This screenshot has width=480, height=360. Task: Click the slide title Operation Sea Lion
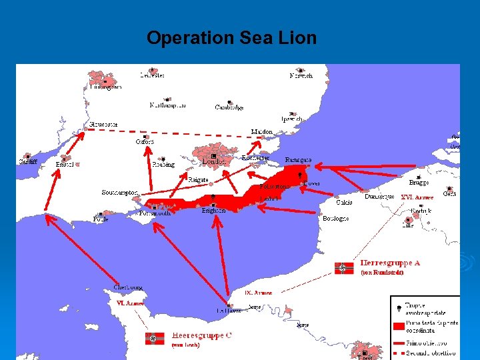[x=231, y=38]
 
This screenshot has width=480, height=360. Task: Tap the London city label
[x=213, y=162]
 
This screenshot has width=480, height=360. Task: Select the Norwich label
[x=301, y=76]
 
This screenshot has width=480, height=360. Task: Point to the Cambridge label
[x=229, y=107]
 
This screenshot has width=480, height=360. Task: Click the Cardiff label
[x=28, y=162]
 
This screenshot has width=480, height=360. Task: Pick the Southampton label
[x=120, y=193]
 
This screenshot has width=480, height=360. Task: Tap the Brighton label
[x=213, y=211]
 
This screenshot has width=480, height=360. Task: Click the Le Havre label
[x=229, y=311]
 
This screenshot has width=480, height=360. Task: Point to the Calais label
[x=344, y=202]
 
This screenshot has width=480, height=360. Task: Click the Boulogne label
[x=336, y=219]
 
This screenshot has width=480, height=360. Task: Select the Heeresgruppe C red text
[x=202, y=335]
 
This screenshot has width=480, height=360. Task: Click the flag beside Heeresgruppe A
[x=344, y=268]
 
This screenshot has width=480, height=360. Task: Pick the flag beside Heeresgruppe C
[x=154, y=339]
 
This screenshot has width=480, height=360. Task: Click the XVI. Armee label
[x=417, y=197]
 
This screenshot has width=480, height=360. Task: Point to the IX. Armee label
[x=258, y=293]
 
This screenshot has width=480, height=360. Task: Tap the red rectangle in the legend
[x=399, y=327]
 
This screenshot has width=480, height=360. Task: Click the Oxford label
[x=145, y=141]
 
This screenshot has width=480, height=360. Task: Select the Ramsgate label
[x=298, y=160]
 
